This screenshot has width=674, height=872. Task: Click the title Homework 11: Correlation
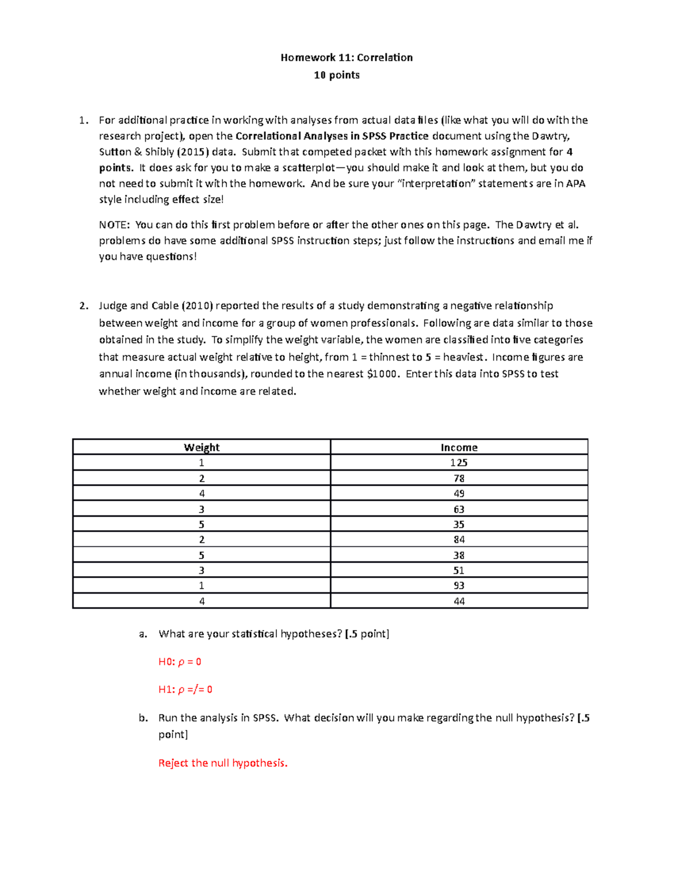click(347, 57)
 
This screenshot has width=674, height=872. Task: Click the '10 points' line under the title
click(336, 75)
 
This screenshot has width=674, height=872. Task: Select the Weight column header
click(202, 448)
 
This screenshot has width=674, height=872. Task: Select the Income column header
click(459, 448)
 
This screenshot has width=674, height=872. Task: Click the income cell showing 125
click(459, 463)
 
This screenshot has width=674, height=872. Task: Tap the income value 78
click(459, 478)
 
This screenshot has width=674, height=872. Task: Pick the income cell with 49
click(459, 494)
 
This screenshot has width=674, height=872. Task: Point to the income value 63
click(459, 509)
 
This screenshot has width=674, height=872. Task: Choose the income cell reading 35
click(459, 524)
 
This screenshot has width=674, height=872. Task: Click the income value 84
click(459, 540)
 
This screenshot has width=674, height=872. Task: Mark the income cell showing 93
click(459, 586)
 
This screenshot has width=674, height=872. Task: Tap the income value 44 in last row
click(459, 601)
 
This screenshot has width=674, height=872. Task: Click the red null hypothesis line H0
click(180, 662)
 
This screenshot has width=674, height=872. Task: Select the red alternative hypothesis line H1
click(185, 690)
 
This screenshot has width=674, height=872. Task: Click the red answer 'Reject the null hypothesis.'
click(223, 763)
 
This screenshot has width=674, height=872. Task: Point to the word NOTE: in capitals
click(115, 225)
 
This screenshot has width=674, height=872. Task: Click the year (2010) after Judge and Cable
click(197, 306)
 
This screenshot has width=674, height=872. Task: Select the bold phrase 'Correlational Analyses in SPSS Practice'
click(332, 136)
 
